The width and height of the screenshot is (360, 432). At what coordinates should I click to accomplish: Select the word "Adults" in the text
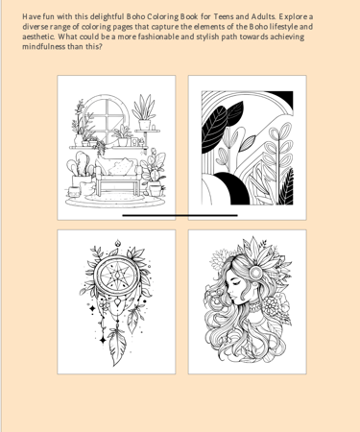(263, 16)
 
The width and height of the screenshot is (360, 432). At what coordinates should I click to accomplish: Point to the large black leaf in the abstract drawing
(215, 128)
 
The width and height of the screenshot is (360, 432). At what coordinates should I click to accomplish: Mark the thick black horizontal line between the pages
(180, 216)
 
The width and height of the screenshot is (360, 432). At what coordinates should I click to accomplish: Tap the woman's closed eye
(233, 283)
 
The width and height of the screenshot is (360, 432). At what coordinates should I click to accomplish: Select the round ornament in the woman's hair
(256, 273)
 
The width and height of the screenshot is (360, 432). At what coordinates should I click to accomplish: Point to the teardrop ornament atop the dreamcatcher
(118, 243)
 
